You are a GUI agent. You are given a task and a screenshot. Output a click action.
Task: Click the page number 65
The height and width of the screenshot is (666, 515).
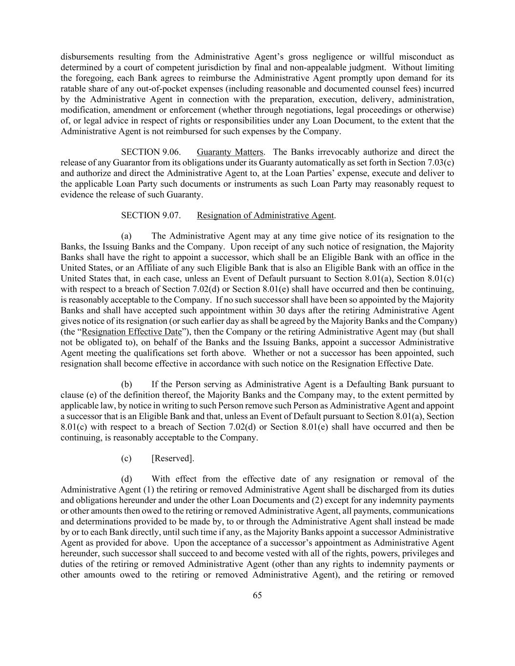[x=257, y=595]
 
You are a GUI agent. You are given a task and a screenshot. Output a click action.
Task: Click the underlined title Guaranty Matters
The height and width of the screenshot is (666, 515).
[x=230, y=152]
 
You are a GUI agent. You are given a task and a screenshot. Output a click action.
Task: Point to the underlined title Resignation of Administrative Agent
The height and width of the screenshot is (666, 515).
[x=266, y=215]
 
